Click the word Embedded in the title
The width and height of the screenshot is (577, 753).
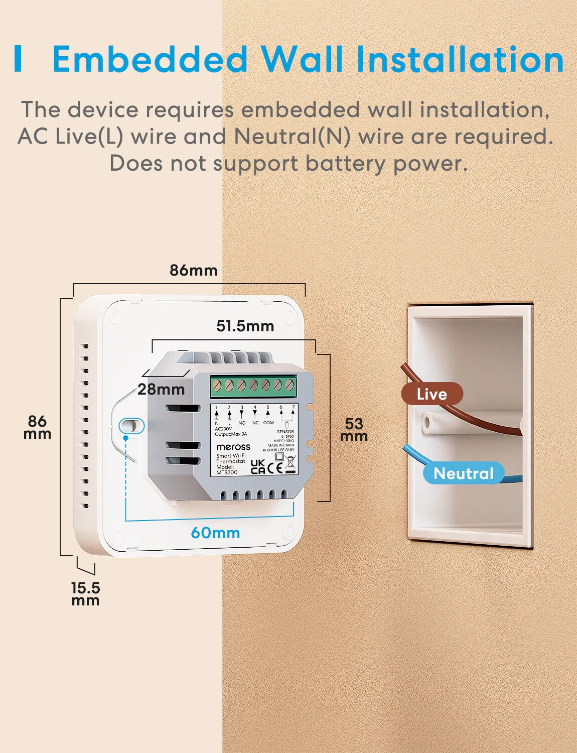click(x=150, y=59)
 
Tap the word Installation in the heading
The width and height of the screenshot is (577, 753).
click(x=460, y=59)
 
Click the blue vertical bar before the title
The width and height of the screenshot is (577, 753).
click(x=19, y=59)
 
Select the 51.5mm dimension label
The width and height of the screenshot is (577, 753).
click(x=245, y=326)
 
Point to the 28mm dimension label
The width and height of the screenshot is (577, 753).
click(x=161, y=389)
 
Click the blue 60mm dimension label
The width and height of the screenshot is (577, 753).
click(x=215, y=533)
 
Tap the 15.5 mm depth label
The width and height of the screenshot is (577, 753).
click(x=85, y=594)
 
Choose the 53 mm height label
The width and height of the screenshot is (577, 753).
click(x=354, y=430)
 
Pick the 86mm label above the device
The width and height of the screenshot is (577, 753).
click(x=193, y=270)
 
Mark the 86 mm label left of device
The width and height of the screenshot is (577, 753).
click(x=37, y=427)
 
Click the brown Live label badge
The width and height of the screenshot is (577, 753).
click(x=431, y=394)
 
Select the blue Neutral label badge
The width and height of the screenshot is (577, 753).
click(x=463, y=473)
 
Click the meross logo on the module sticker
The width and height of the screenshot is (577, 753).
click(x=233, y=447)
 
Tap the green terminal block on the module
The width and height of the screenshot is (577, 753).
click(x=253, y=386)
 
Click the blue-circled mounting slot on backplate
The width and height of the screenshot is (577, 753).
click(x=131, y=426)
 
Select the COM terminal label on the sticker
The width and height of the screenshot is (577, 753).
click(x=268, y=423)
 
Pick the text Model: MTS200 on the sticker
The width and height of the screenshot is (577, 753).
click(x=226, y=469)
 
